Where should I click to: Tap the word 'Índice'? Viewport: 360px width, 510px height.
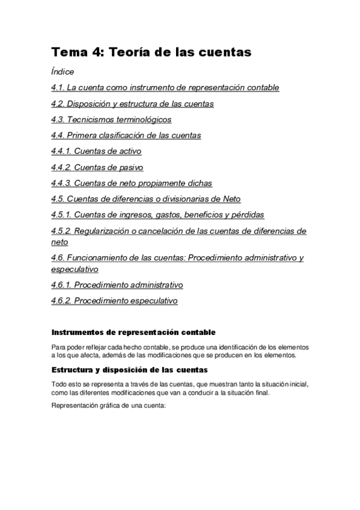tap(63, 72)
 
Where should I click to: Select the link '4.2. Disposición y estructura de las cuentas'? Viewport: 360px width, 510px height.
tap(132, 103)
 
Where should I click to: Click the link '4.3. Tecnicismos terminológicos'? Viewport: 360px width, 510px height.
tap(111, 120)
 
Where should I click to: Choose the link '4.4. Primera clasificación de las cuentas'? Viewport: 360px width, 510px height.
tap(126, 135)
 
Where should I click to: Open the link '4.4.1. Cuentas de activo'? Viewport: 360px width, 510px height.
tap(96, 151)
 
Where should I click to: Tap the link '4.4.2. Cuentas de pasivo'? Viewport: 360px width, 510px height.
tap(97, 167)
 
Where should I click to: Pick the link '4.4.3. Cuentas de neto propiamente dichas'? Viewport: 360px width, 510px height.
tap(132, 183)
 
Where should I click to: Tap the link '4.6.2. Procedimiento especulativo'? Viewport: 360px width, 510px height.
tap(114, 301)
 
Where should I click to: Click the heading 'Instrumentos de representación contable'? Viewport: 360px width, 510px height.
tap(133, 333)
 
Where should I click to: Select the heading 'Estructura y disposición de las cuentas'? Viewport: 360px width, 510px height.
tap(130, 369)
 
